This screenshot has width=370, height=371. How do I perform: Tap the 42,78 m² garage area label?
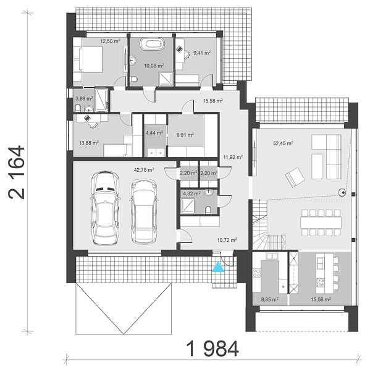pos(144,169)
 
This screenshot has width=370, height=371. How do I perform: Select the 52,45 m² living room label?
pos(283,143)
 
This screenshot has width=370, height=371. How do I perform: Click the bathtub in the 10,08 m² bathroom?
pos(152,44)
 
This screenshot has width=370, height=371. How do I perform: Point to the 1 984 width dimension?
pos(212,349)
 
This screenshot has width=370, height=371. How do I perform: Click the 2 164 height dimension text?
pos(16,173)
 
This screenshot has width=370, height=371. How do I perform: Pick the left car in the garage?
pos(105,208)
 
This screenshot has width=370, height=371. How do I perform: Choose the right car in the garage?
pos(143,211)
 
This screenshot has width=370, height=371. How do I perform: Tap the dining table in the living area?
pos(321,223)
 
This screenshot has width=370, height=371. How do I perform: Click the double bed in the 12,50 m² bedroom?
pos(88,59)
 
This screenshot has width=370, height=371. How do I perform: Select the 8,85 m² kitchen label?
pos(269,299)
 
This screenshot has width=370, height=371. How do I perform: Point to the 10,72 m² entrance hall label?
pos(227,240)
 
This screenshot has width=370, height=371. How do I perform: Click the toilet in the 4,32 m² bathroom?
pos(208,210)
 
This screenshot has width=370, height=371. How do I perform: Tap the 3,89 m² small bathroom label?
pos(84,98)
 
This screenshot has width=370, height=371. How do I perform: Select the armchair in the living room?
pos(295,177)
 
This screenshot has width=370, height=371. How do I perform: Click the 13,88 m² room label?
pos(89,143)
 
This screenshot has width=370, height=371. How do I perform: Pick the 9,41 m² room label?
pos(202,53)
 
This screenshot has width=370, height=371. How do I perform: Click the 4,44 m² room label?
pos(154,133)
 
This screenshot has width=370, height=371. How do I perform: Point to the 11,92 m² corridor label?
pos(233,157)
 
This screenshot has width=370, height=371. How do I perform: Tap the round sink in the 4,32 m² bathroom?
pos(209,194)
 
